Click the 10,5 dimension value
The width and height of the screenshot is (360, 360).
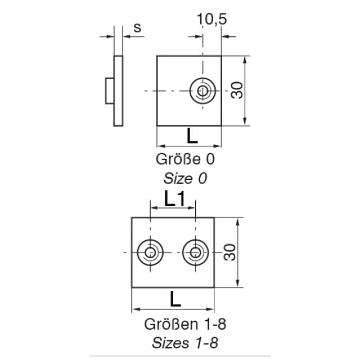pos(211,19)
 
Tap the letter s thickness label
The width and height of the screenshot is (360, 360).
pos(137,28)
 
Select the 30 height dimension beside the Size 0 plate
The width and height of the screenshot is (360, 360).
pos(237,90)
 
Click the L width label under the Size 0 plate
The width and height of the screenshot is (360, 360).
pos(192,136)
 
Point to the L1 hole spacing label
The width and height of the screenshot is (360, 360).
pos(174,199)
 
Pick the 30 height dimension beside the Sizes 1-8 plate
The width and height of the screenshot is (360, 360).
pos(230,253)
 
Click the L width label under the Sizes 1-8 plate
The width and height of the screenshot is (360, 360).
pos(175,299)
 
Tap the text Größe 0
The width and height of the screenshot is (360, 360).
pos(185,159)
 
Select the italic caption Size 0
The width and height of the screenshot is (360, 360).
pos(185,178)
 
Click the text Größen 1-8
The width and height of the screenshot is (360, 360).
pos(185,324)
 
